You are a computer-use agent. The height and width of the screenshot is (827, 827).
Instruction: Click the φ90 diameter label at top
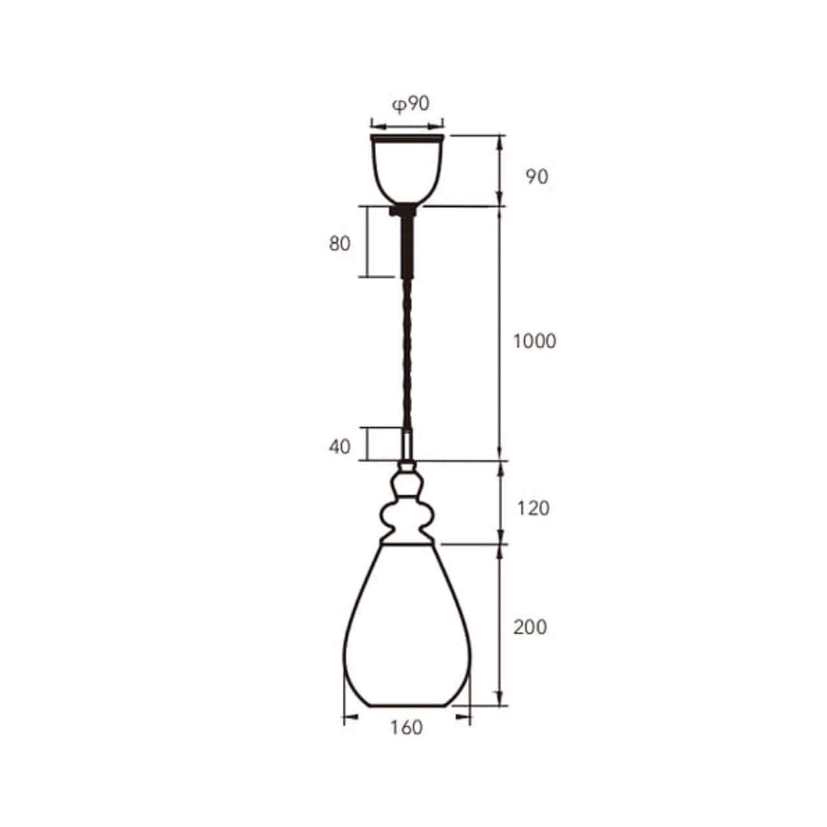click(x=411, y=104)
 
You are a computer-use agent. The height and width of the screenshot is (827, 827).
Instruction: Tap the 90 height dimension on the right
click(x=537, y=177)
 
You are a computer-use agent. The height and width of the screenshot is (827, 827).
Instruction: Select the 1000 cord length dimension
click(x=534, y=341)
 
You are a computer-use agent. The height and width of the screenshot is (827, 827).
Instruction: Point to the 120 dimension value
click(x=533, y=508)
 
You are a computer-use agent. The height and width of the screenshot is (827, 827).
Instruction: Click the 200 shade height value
click(x=530, y=627)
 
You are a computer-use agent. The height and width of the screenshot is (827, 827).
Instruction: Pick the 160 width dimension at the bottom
click(x=406, y=727)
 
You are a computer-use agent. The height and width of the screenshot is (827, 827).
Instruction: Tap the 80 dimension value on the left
click(x=339, y=244)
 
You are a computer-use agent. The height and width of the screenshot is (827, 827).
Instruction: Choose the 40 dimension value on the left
click(x=339, y=446)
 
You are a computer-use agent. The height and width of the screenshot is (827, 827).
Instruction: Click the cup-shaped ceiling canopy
click(x=407, y=169)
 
